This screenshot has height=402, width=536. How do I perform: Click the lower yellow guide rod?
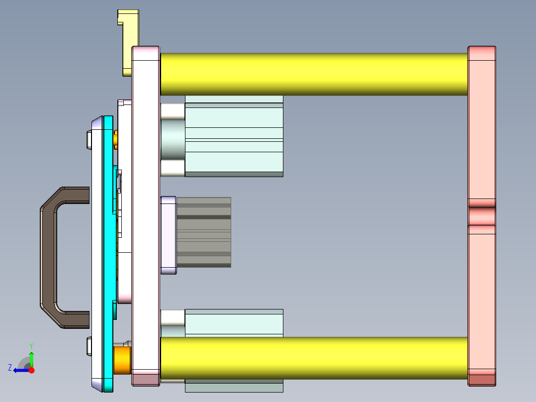point(313,358)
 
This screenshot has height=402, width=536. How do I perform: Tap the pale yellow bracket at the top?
point(130,40)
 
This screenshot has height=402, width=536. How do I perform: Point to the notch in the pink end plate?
point(481,216)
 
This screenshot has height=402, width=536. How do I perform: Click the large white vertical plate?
point(145,214)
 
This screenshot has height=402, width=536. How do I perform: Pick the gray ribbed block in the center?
point(204,232)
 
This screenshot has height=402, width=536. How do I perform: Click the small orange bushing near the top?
point(116,139)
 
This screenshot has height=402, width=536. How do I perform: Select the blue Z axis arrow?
point(20,370)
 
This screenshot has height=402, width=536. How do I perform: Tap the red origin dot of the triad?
point(31,370)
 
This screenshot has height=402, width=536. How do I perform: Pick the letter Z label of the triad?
point(10,368)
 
